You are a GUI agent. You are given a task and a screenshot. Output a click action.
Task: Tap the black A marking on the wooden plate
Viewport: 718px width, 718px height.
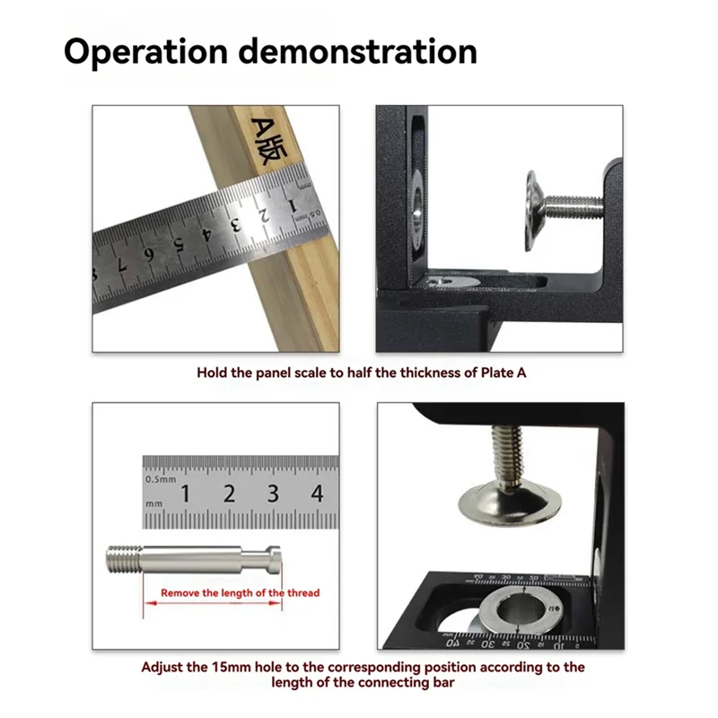coord(261,127)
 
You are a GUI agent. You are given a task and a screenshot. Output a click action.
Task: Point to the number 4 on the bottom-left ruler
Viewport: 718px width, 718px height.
coord(317,493)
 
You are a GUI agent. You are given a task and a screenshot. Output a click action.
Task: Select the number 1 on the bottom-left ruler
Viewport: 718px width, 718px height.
coord(185,493)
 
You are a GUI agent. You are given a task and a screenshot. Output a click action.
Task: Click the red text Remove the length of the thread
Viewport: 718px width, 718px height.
coord(240,593)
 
